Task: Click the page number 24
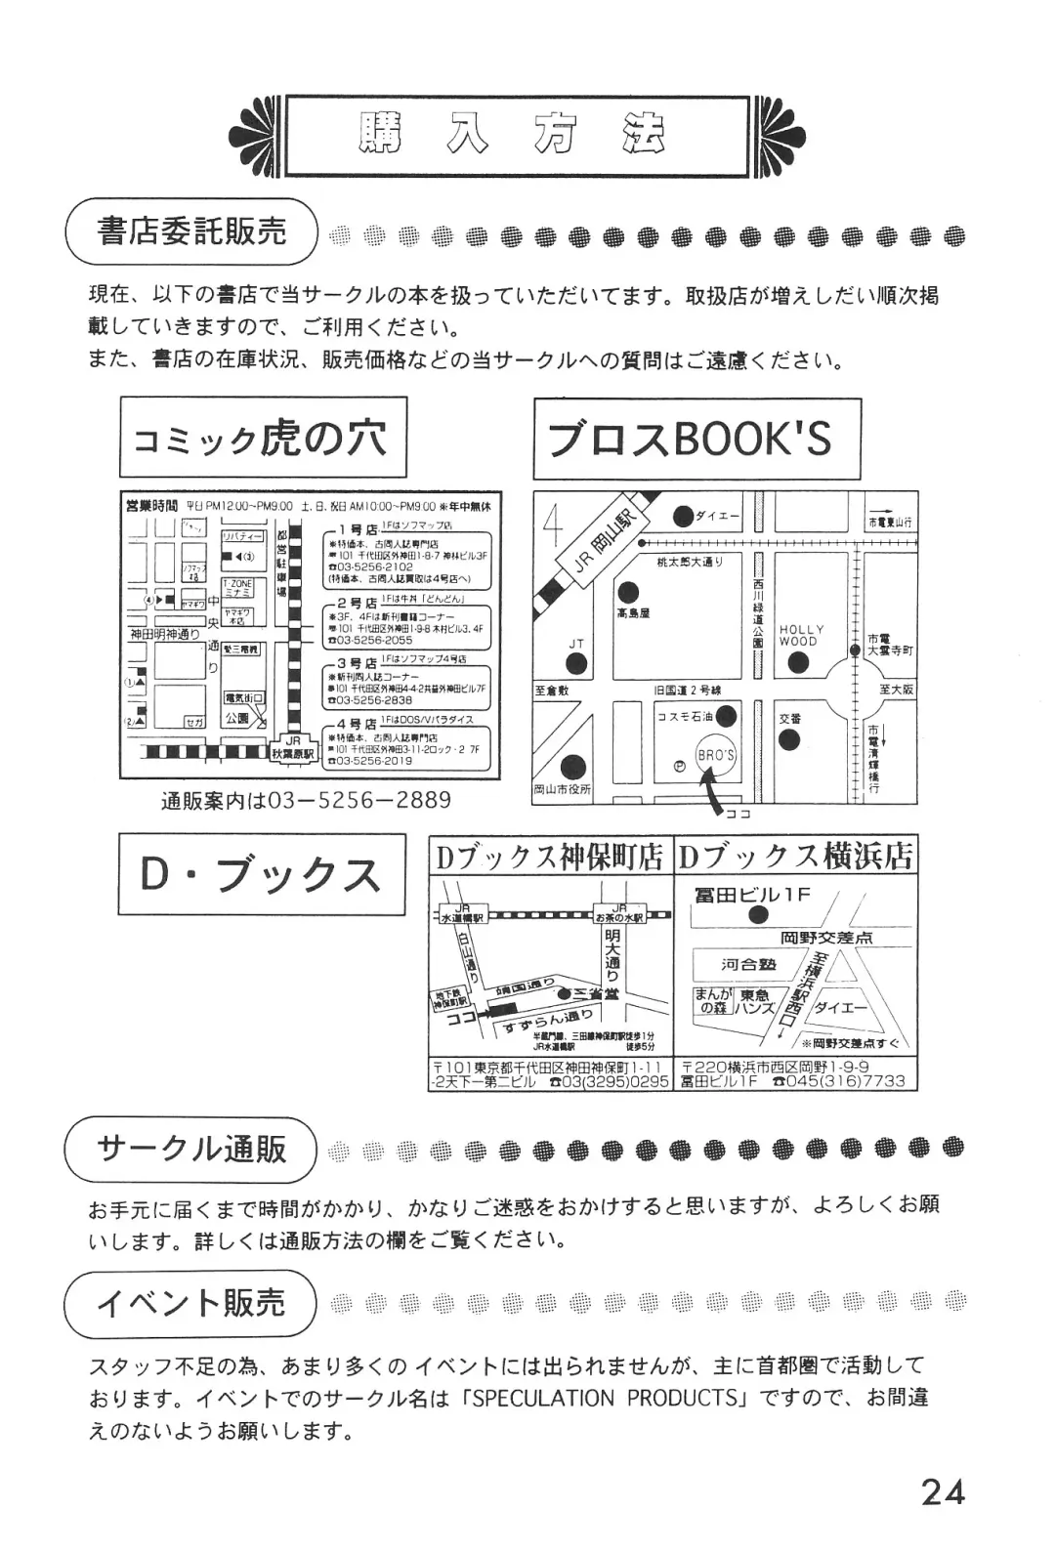point(943,1491)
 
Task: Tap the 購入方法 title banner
point(517,137)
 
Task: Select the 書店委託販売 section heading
point(191,231)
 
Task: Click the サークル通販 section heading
point(191,1149)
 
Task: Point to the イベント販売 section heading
point(191,1302)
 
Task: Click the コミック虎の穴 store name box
point(262,439)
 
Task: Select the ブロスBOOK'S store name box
point(696,439)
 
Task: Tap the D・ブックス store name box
point(262,874)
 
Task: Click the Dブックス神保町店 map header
point(550,857)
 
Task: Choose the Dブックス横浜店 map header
point(795,857)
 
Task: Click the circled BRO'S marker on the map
point(716,756)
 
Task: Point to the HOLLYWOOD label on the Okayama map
point(801,636)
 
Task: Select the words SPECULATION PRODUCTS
point(606,1398)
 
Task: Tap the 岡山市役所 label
point(563,789)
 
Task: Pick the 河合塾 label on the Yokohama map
point(747,965)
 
